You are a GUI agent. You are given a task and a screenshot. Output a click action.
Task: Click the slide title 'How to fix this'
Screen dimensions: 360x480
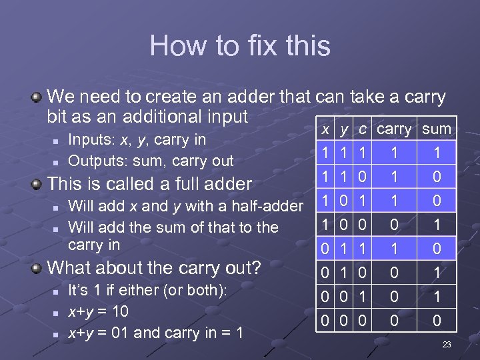tap(240, 46)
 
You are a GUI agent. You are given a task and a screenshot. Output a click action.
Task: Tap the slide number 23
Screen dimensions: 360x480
tap(447, 345)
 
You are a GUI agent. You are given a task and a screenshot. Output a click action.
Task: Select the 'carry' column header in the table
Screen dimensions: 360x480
tap(395, 129)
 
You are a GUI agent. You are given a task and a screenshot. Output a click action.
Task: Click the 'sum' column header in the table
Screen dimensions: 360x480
tap(437, 129)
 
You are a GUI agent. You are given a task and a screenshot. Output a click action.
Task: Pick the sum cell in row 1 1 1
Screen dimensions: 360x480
tap(437, 153)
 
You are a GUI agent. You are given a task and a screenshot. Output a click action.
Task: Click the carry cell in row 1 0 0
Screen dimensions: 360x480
tap(395, 225)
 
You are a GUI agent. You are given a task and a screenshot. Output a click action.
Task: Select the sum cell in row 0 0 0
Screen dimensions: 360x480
tap(437, 321)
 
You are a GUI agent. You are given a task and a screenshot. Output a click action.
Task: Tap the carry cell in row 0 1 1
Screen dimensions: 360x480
tap(395, 249)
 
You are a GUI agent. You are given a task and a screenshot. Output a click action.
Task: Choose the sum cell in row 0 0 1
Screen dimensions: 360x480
tap(437, 297)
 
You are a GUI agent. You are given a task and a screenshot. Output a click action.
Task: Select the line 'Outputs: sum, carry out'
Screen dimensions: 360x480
tap(151, 161)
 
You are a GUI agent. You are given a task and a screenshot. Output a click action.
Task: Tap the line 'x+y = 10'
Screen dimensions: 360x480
tap(99, 311)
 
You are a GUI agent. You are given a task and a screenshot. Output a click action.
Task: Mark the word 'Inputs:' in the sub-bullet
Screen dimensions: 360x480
tap(91, 140)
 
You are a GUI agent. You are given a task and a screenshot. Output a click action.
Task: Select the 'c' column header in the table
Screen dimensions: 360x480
tap(363, 129)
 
